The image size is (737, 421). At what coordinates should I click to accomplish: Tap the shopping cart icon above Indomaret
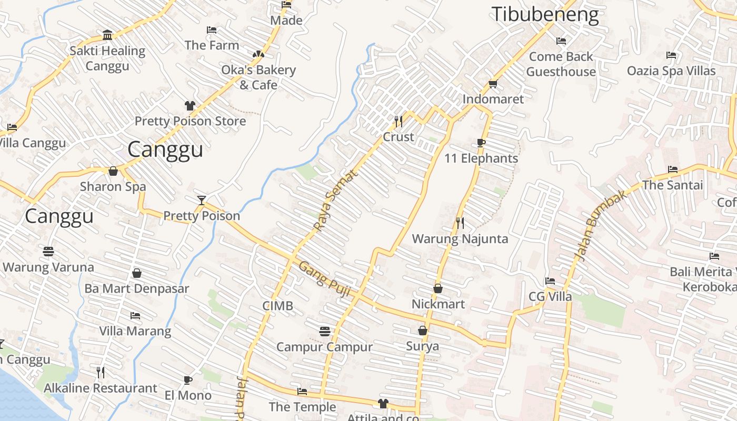click(493, 84)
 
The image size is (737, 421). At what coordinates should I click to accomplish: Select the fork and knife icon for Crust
click(399, 122)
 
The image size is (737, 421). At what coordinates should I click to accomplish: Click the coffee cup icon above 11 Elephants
click(481, 143)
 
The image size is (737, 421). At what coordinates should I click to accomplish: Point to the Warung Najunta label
click(460, 239)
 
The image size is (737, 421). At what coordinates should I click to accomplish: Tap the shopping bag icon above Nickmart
click(437, 288)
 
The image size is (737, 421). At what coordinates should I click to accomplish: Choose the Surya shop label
click(422, 346)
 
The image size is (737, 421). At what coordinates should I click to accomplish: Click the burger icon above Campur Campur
click(325, 332)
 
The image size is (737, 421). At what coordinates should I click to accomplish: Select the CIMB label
click(277, 306)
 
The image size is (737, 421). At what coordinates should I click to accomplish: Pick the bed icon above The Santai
click(672, 169)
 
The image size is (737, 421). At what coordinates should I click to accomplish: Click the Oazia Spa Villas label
click(671, 71)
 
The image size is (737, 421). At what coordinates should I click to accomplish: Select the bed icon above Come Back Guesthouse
click(561, 41)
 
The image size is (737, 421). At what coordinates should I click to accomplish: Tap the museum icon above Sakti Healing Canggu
click(107, 35)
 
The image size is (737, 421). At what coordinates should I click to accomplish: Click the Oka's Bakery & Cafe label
click(258, 77)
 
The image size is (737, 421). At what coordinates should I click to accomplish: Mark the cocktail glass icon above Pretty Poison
click(201, 200)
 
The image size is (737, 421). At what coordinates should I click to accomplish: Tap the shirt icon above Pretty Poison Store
click(190, 106)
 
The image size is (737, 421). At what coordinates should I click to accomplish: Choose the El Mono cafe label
click(188, 395)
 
